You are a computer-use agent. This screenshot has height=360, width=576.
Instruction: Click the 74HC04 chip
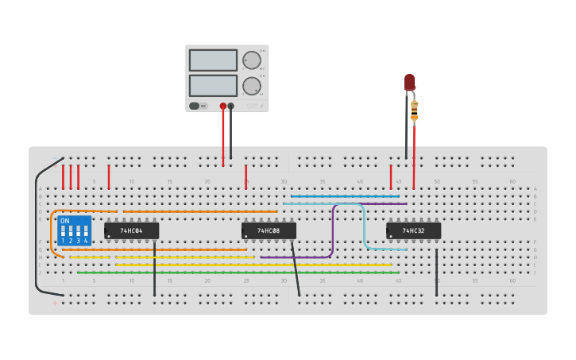click(x=131, y=230)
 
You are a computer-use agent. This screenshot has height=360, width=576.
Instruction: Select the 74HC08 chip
click(x=269, y=230)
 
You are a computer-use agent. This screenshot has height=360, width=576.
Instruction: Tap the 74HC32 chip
click(x=413, y=230)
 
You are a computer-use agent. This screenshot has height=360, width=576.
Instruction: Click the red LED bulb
click(x=410, y=82)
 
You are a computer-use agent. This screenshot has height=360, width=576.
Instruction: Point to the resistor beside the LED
click(x=414, y=110)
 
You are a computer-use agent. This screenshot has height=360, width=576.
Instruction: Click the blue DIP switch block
click(x=75, y=230)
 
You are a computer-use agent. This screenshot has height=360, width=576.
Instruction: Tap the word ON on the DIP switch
click(x=64, y=220)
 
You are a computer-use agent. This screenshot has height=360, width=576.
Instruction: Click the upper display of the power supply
click(x=213, y=60)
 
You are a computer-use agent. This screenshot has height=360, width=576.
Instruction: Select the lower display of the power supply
click(x=213, y=85)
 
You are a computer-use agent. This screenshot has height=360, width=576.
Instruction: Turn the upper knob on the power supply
click(x=251, y=60)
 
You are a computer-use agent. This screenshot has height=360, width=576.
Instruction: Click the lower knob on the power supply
click(x=251, y=86)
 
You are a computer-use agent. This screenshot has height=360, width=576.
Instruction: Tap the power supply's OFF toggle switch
click(x=198, y=106)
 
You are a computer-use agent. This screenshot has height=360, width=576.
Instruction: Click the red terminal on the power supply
click(x=223, y=106)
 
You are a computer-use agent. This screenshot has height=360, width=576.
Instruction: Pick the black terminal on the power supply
click(x=231, y=106)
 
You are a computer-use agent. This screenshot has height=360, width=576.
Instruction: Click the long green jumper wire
click(x=238, y=273)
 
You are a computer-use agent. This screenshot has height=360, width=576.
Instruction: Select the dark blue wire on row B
click(x=345, y=195)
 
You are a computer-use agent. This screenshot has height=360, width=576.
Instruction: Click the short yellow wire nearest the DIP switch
click(x=89, y=257)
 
